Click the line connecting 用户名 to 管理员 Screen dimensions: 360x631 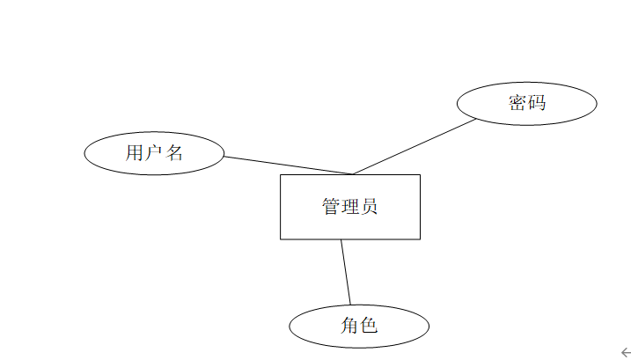point(287,165)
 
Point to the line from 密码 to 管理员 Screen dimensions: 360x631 point(414,147)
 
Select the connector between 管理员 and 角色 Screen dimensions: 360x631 point(346,271)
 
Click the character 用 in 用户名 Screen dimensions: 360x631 point(135,153)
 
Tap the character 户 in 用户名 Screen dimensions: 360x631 point(154,153)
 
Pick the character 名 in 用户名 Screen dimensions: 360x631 point(173,153)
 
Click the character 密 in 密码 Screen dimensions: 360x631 point(517,103)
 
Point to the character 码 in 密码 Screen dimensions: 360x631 point(537,103)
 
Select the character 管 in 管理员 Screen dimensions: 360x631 point(331,207)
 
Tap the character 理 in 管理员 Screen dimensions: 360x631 point(350,207)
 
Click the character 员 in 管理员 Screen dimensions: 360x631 point(370,207)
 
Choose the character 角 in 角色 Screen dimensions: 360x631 point(349,326)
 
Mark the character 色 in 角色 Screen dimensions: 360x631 point(369,326)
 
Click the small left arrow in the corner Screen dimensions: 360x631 point(625,352)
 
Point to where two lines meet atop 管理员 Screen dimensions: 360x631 point(353,174)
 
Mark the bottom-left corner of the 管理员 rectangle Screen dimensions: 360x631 point(281,239)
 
